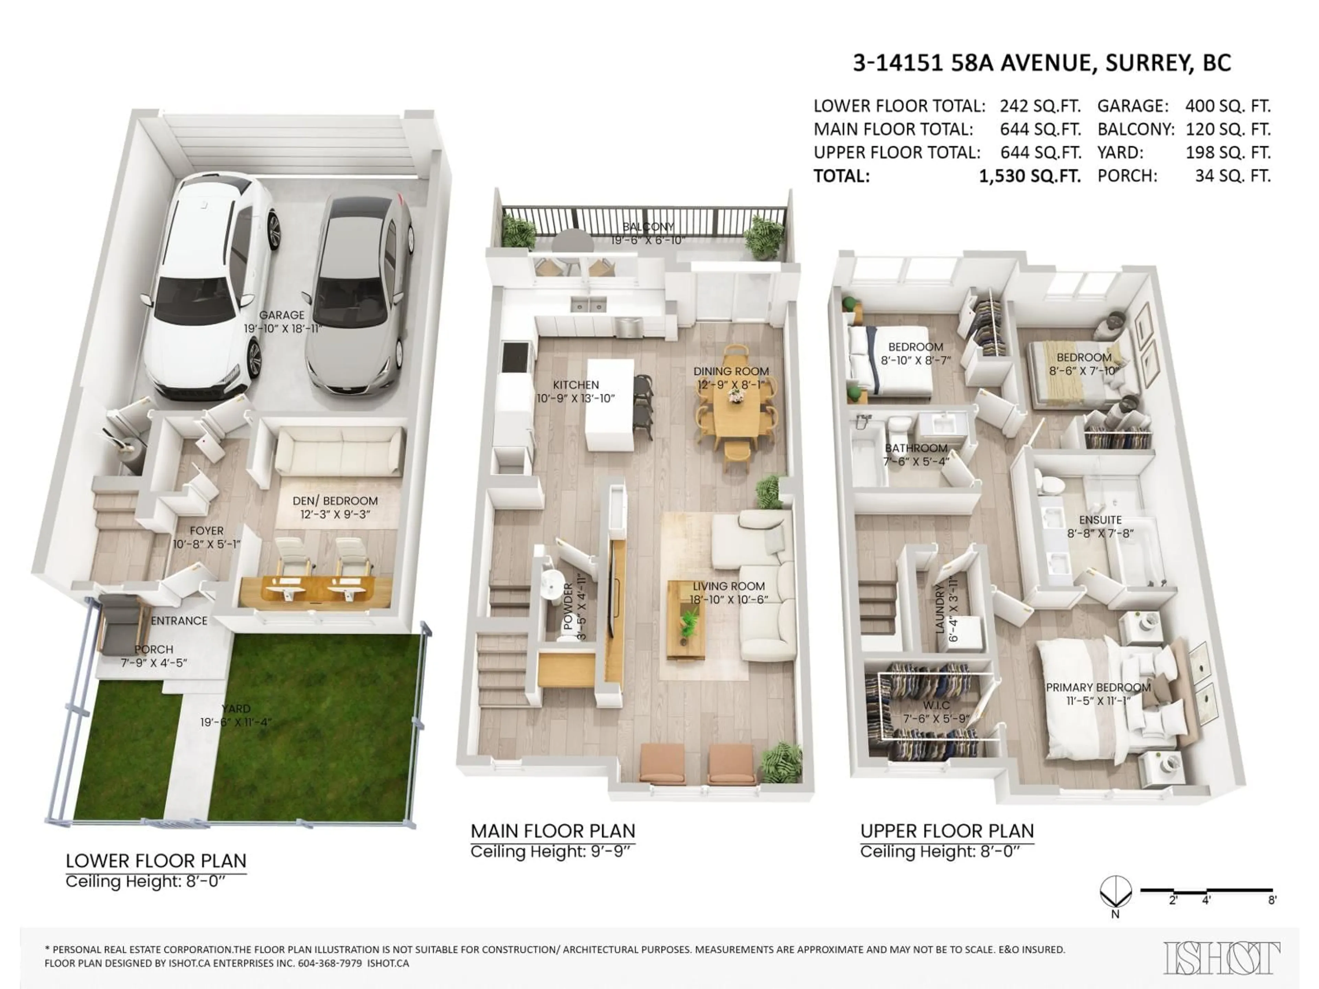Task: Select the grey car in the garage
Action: point(358,292)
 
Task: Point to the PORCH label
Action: point(154,649)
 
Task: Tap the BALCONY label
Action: point(648,227)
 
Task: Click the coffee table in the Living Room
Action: point(686,620)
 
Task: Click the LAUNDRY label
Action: point(940,608)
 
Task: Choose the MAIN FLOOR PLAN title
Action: point(552,831)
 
